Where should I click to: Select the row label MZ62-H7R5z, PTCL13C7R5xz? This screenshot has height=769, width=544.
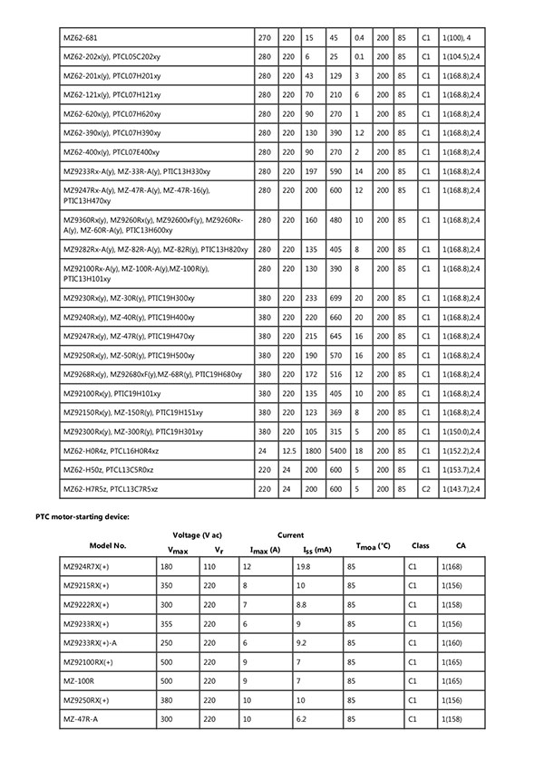point(111,489)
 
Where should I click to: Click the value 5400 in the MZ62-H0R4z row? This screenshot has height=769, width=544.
point(335,451)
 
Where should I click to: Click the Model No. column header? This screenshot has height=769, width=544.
point(108,546)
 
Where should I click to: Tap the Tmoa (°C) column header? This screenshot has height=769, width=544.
point(373,546)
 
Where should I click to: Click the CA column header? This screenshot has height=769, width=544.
point(461,546)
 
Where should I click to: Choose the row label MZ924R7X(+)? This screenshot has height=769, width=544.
point(88,567)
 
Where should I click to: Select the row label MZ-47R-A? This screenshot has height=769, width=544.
point(82,719)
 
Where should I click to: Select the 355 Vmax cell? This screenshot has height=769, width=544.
point(171,624)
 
